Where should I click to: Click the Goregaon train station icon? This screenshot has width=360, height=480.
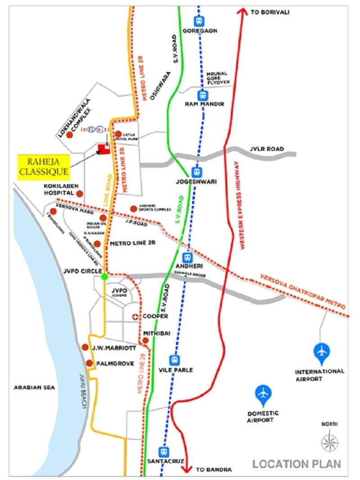point(198,21)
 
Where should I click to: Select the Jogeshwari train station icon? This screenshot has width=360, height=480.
point(196,172)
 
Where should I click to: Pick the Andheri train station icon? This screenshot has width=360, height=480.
point(188,257)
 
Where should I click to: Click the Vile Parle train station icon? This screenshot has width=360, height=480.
point(175,360)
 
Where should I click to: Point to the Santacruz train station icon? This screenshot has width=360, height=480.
point(163,452)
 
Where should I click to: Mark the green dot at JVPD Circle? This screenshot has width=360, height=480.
point(104,276)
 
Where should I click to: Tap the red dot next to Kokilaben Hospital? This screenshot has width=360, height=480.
point(80,194)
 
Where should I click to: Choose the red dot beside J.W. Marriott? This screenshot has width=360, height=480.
point(85,347)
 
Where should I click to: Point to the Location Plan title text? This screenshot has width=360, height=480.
point(297,464)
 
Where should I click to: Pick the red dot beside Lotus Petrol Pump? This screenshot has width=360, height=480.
point(118,134)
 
